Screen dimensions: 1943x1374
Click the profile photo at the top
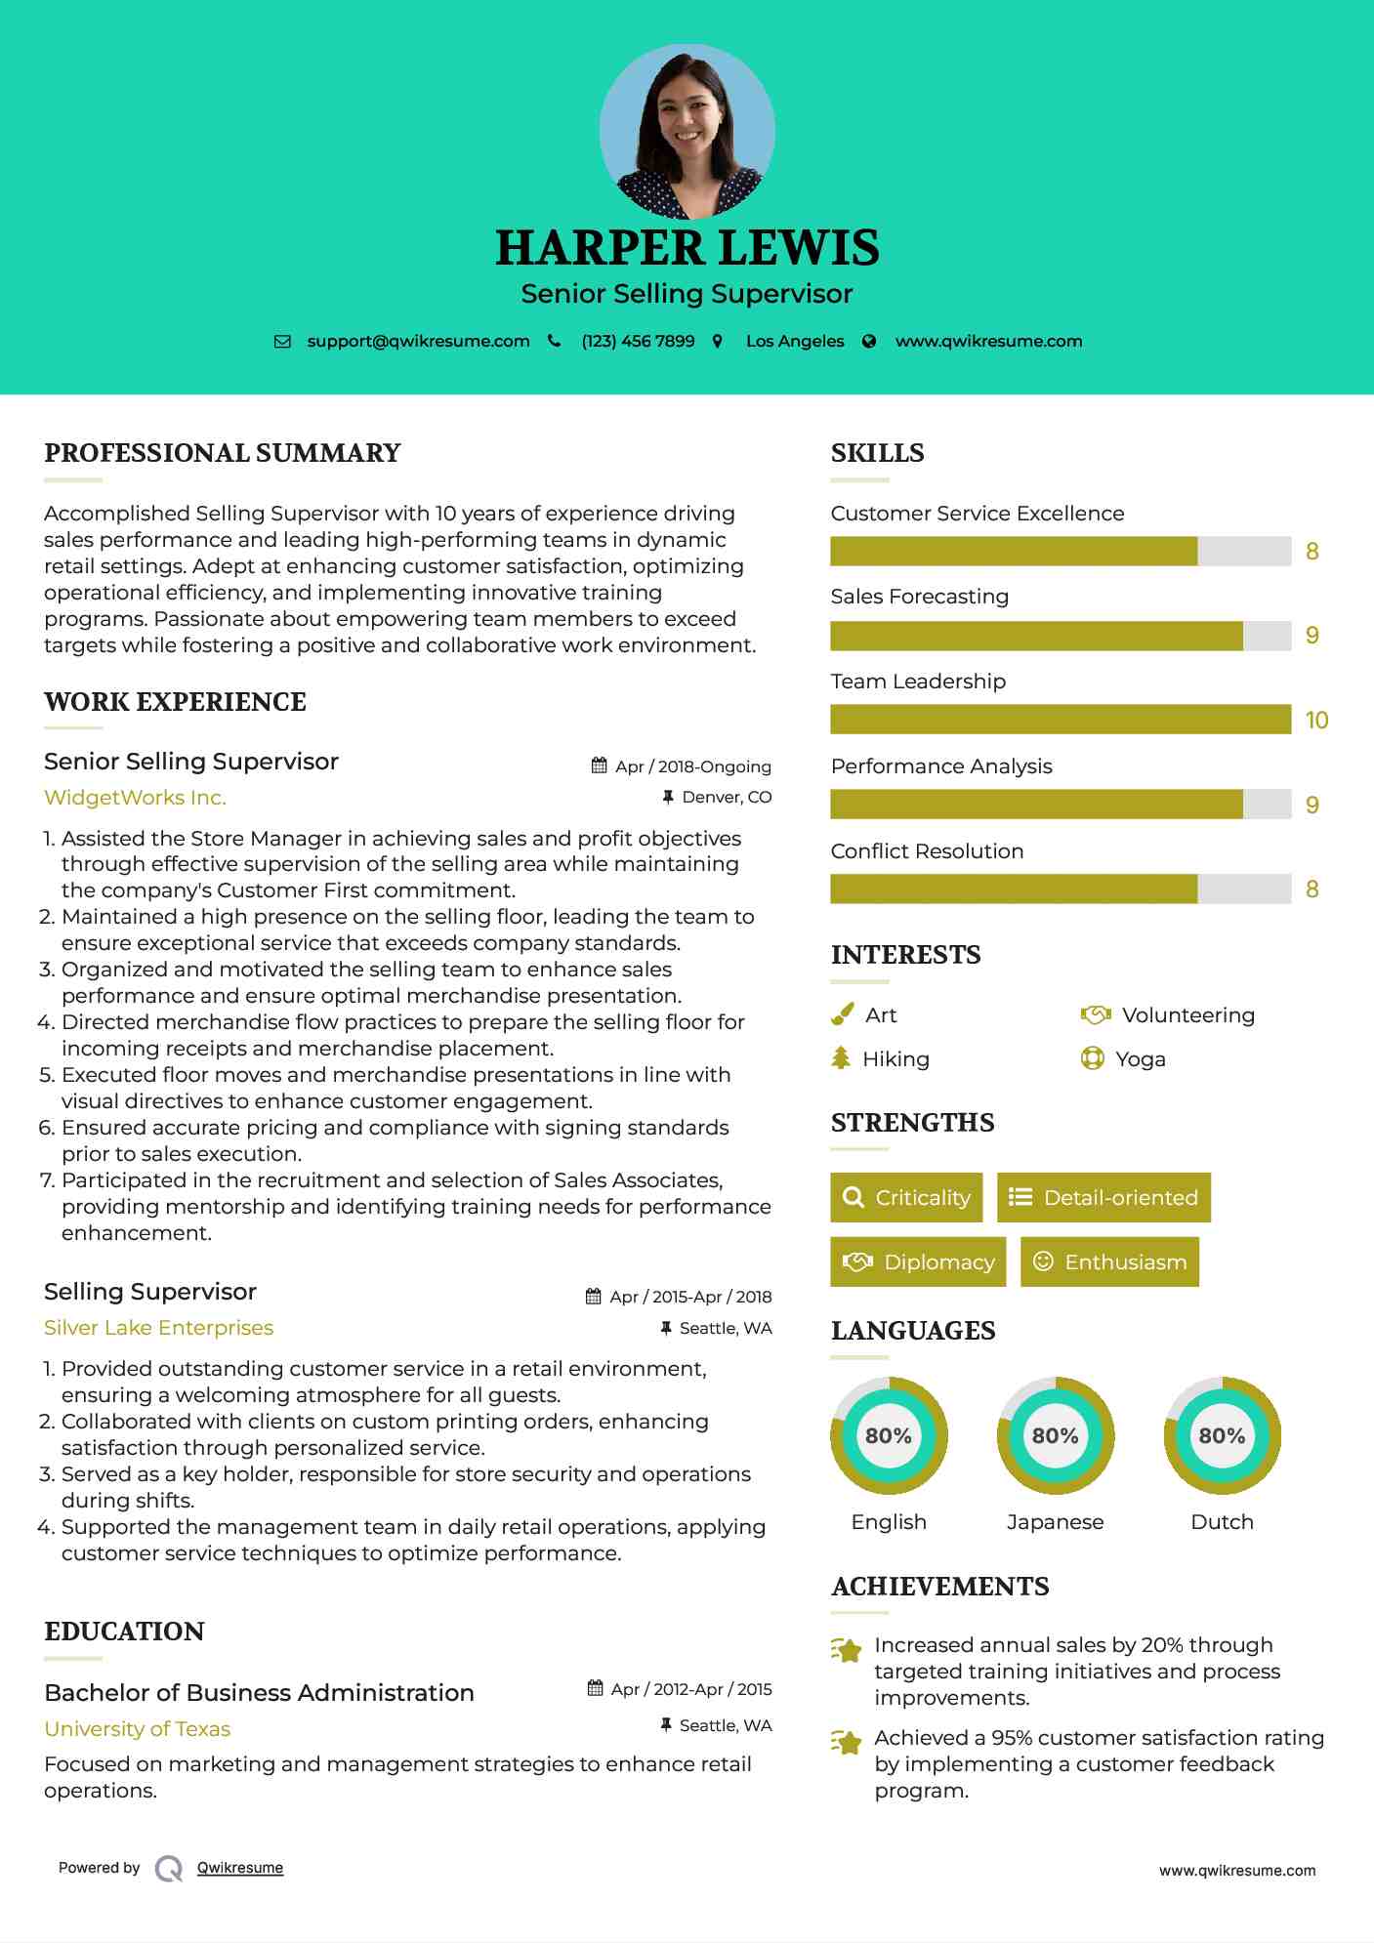[x=687, y=131]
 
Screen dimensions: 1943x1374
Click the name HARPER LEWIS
[x=687, y=248]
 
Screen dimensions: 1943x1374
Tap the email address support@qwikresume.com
[x=418, y=341]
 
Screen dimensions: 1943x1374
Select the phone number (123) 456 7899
[x=638, y=341]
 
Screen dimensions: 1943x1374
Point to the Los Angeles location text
[x=795, y=341]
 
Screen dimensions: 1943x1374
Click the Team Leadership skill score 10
[x=1316, y=721]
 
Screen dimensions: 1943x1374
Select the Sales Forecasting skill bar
[x=1061, y=636]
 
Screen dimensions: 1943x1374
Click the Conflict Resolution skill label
[x=927, y=851]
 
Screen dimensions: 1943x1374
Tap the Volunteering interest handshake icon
[x=1096, y=1015]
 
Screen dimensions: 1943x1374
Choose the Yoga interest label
[x=1141, y=1059]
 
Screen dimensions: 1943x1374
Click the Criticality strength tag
[x=906, y=1198]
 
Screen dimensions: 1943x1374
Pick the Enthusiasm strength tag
[x=1109, y=1262]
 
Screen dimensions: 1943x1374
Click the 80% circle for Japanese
[x=1055, y=1436]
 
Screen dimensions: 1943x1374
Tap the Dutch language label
[x=1222, y=1522]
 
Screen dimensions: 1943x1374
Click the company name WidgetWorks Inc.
[x=135, y=798]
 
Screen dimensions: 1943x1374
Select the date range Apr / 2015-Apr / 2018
[x=689, y=1297]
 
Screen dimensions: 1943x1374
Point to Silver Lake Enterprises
[x=158, y=1328]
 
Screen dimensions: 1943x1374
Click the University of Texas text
[x=137, y=1729]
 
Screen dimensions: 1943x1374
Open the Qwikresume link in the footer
[x=240, y=1868]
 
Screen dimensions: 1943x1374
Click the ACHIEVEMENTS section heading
[x=939, y=1587]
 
